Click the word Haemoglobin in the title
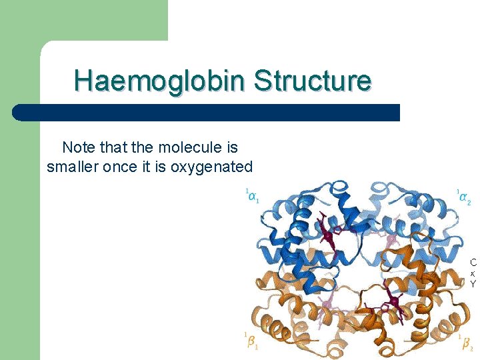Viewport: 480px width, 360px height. point(160,81)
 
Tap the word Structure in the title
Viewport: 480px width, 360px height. point(312,81)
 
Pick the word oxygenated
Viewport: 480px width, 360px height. point(212,167)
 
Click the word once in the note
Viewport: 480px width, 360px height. point(120,167)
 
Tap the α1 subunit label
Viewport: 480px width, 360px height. point(252,197)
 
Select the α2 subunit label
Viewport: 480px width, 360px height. point(465,197)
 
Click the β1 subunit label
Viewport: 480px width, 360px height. point(251,341)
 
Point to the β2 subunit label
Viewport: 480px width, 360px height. point(466,344)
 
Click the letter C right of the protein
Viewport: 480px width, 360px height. point(473,263)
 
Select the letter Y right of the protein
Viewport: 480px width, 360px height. point(473,284)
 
